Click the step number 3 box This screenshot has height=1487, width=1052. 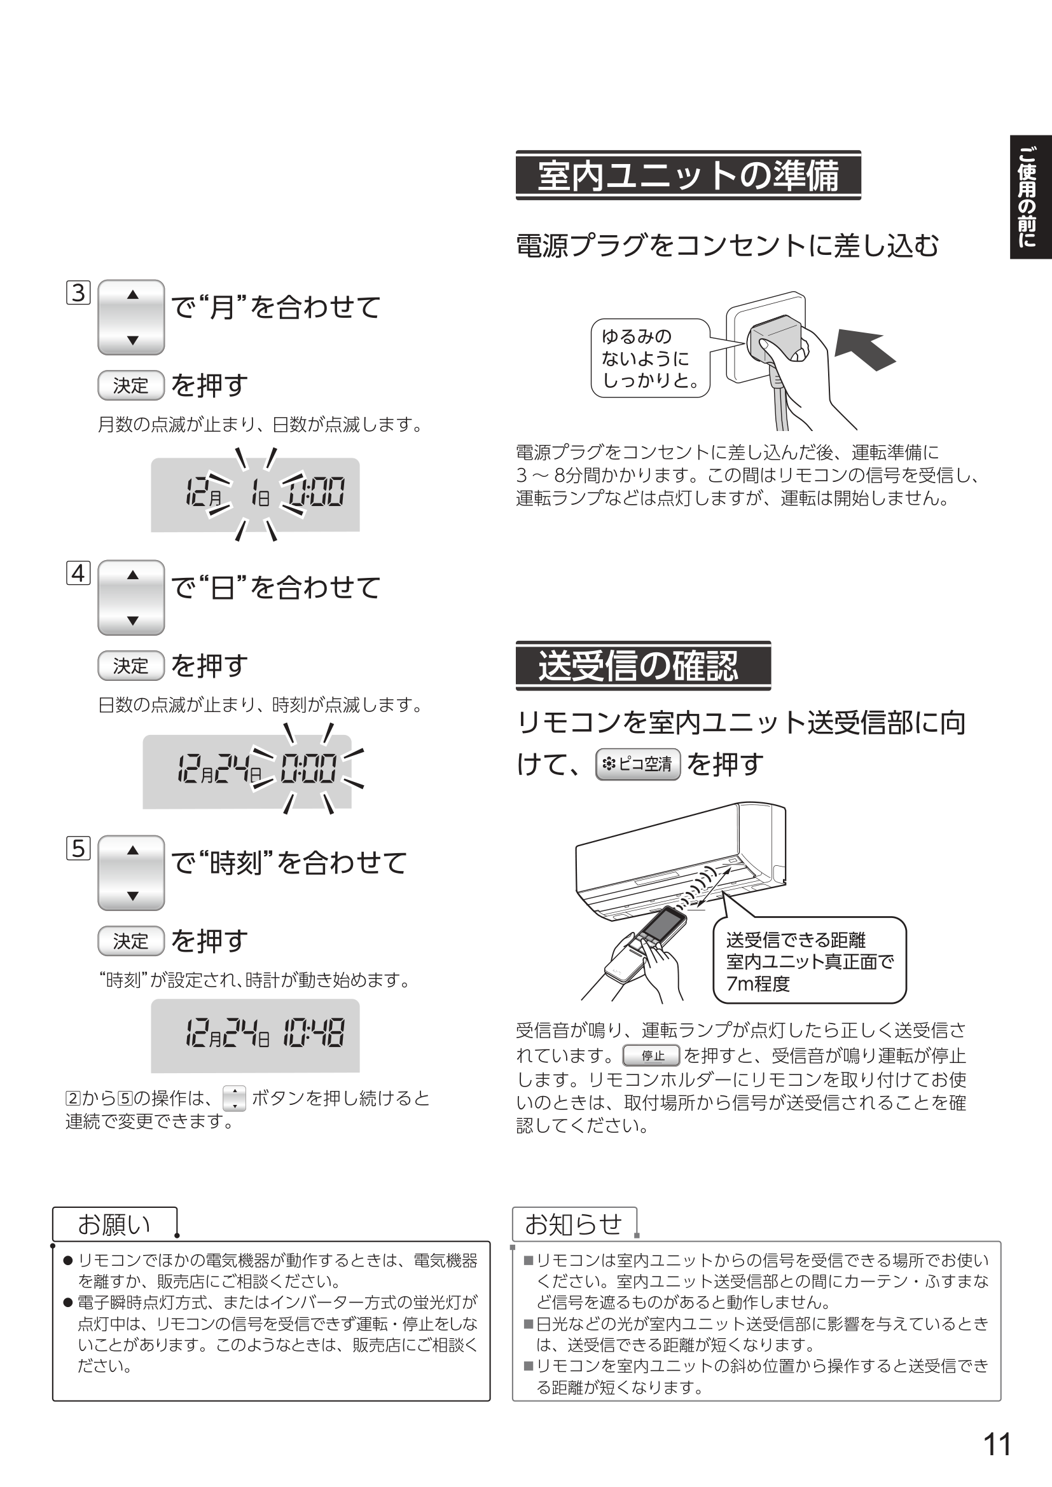[x=78, y=292]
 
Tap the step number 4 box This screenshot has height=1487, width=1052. [x=78, y=573]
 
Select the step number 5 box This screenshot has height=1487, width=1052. [x=78, y=849]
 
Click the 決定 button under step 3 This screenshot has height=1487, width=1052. [x=131, y=385]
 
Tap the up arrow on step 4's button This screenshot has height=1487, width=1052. [x=133, y=575]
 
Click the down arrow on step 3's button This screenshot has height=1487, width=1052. [x=133, y=341]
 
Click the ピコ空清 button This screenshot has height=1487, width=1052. [x=637, y=764]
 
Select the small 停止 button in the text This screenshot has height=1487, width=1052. [x=651, y=1056]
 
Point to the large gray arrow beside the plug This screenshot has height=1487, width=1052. [x=865, y=350]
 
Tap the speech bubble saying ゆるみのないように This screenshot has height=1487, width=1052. [x=650, y=357]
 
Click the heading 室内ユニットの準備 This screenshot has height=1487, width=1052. [x=688, y=175]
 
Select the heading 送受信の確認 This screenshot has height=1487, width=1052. [x=642, y=666]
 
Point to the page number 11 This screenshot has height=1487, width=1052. [x=997, y=1444]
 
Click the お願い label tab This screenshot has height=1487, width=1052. [x=114, y=1224]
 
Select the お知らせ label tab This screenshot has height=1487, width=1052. [x=573, y=1223]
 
